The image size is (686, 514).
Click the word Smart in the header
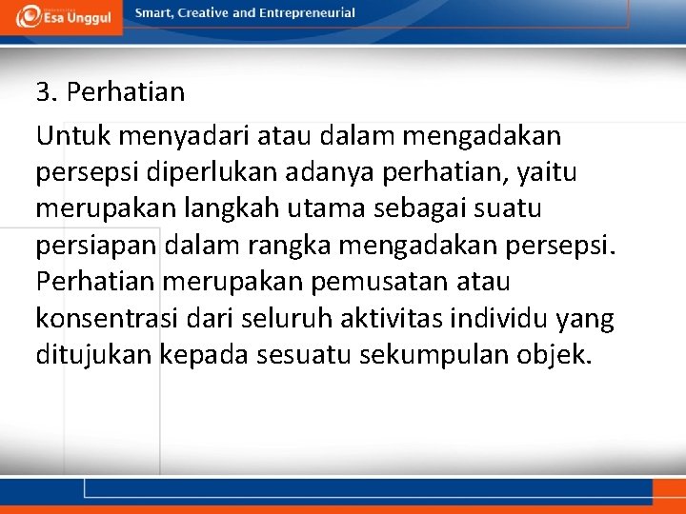[x=154, y=13]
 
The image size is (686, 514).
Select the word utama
[x=313, y=209]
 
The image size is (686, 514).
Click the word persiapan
[x=96, y=246]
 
